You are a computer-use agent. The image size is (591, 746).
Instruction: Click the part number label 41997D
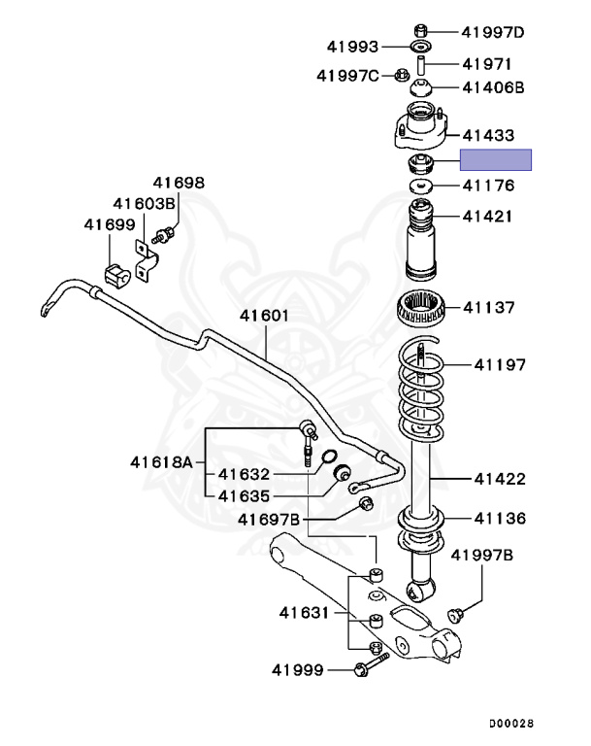[x=492, y=32]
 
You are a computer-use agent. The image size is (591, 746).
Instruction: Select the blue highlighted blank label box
[x=496, y=160]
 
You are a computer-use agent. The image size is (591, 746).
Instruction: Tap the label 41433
[x=488, y=135]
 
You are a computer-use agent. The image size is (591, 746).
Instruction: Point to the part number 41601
[x=264, y=316]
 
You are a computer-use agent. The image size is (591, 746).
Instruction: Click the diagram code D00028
[x=510, y=724]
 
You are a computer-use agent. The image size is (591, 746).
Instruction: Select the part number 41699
[x=108, y=224]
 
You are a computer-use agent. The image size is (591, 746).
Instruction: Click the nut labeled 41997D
[x=420, y=29]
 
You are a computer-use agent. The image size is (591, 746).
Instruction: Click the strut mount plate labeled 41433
[x=420, y=131]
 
